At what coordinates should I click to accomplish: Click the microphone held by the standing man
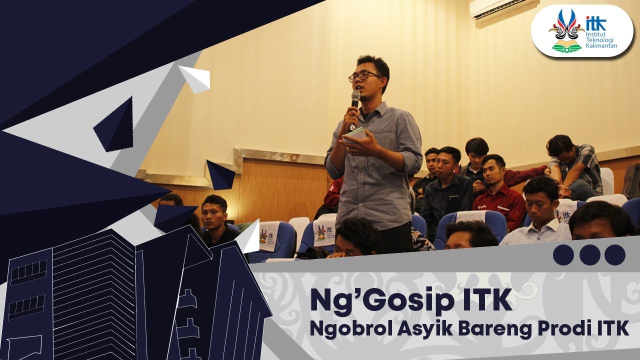click(355, 100)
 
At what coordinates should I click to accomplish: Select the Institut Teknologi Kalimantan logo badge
click(581, 31)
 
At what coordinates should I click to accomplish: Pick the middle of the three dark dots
click(589, 255)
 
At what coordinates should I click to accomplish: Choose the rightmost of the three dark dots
click(614, 255)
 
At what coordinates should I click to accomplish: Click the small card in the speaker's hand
click(356, 133)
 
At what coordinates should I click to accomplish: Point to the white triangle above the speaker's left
click(195, 78)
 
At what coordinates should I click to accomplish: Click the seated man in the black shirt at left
click(216, 220)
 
